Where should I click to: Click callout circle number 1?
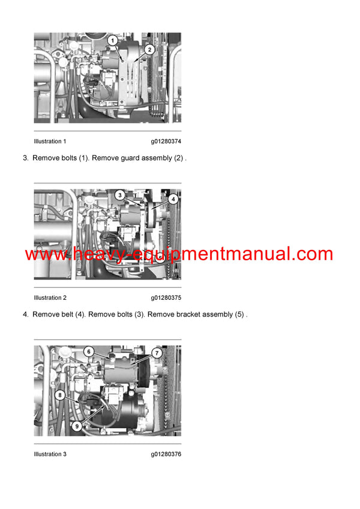pyautogui.click(x=112, y=40)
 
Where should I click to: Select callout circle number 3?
pyautogui.click(x=120, y=195)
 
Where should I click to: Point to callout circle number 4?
pyautogui.click(x=173, y=198)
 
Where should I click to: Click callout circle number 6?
pyautogui.click(x=88, y=351)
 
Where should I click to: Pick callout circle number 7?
pyautogui.click(x=156, y=353)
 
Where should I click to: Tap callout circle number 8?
pyautogui.click(x=60, y=395)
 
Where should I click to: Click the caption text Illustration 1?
pyautogui.click(x=50, y=141)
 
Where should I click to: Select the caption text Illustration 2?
pyautogui.click(x=50, y=298)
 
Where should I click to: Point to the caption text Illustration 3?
pyautogui.click(x=50, y=454)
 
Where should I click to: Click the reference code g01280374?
pyautogui.click(x=166, y=141)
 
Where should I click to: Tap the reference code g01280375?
pyautogui.click(x=166, y=298)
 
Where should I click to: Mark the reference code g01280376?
pyautogui.click(x=166, y=454)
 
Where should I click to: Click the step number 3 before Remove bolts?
pyautogui.click(x=25, y=158)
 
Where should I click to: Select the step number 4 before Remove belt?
pyautogui.click(x=25, y=315)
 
